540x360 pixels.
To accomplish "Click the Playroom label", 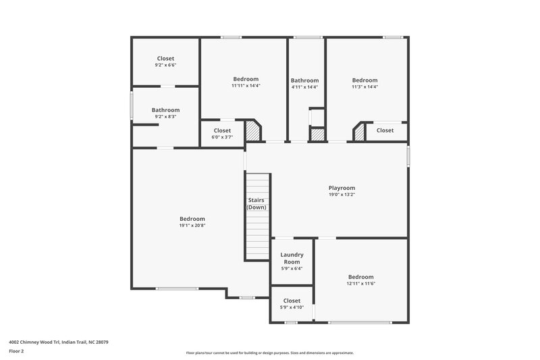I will click(342, 188).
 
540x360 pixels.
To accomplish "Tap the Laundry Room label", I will click(292, 258).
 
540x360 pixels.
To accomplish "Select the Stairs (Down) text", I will click(256, 203).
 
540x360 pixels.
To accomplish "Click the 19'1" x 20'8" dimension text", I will click(192, 226).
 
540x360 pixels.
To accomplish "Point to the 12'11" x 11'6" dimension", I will click(360, 284).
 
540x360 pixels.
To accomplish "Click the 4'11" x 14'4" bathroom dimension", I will click(304, 87).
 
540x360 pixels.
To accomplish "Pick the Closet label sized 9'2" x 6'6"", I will click(165, 58).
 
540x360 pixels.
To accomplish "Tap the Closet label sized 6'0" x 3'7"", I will click(222, 130).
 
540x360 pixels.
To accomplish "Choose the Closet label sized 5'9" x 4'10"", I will click(292, 301).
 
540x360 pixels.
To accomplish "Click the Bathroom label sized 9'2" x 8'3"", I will click(165, 110).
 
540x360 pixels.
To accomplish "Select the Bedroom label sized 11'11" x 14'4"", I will click(246, 79).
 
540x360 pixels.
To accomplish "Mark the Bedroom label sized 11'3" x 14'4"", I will click(364, 79).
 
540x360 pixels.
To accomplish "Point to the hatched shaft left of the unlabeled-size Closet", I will click(358, 131).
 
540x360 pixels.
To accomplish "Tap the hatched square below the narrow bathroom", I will click(316, 134).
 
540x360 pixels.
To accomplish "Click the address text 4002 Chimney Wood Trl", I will click(59, 342).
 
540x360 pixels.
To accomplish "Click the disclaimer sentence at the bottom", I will click(269, 353).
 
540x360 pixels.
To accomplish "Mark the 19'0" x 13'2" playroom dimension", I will click(342, 195).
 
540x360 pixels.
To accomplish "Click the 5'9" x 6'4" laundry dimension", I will click(292, 268).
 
